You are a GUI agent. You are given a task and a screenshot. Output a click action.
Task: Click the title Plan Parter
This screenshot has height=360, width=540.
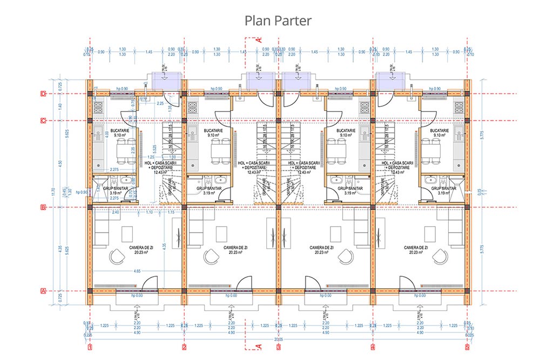[278, 20]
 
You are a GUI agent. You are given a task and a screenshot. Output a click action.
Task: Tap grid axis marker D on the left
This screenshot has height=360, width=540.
[43, 93]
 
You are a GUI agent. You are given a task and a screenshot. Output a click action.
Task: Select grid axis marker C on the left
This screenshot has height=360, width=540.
[43, 120]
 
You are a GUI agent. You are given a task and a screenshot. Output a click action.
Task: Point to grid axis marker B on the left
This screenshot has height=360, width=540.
[43, 207]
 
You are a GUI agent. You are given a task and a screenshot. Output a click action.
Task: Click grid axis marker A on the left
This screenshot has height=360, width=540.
[43, 291]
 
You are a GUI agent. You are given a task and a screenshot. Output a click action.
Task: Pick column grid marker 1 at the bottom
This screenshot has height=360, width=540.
[90, 347]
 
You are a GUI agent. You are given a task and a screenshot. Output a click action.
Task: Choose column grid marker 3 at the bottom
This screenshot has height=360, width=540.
[279, 347]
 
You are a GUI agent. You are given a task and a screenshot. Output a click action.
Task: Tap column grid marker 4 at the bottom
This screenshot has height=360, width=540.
[373, 347]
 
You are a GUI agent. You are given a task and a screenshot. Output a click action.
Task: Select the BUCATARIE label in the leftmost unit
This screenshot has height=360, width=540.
[119, 131]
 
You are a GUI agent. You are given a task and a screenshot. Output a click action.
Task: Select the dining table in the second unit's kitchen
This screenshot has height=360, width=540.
[217, 150]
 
